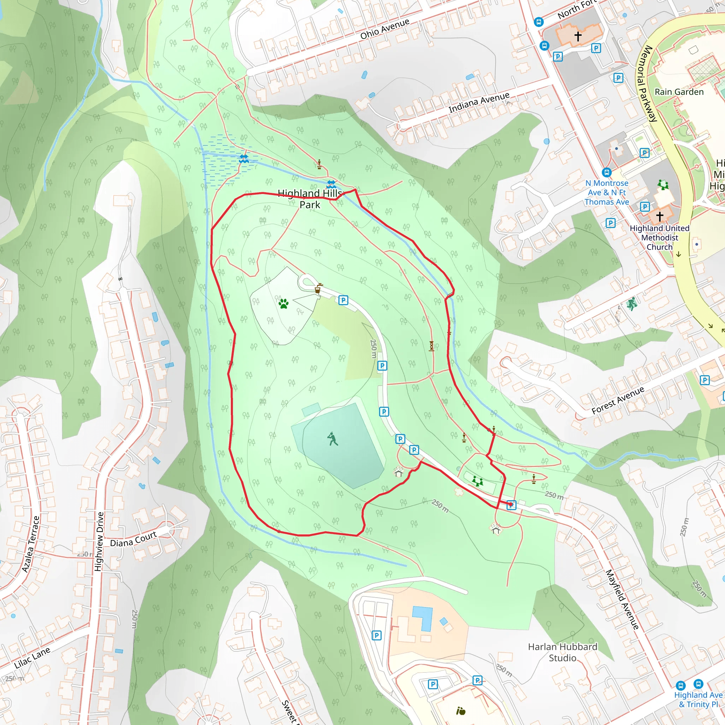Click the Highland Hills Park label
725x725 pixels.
tap(310, 199)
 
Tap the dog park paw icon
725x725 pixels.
tap(284, 303)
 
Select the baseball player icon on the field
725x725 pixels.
tap(332, 439)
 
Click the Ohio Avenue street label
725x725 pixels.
tap(385, 29)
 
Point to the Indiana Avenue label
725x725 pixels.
tap(479, 102)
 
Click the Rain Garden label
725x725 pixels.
tap(679, 92)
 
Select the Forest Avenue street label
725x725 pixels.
tap(618, 400)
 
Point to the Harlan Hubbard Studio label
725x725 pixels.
tap(562, 652)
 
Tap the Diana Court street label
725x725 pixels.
tap(133, 539)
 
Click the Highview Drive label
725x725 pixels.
tap(99, 542)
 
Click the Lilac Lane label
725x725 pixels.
tap(32, 658)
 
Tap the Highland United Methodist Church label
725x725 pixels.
tap(659, 238)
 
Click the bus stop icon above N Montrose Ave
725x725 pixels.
tap(606, 172)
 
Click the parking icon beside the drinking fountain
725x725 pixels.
tap(343, 300)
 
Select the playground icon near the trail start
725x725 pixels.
tap(477, 481)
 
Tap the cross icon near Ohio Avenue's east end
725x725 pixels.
tap(578, 36)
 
